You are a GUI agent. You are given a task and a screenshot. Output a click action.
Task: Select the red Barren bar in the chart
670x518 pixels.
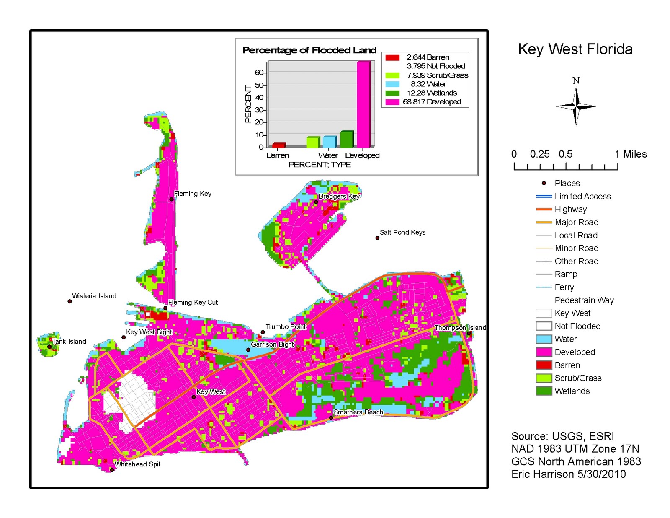pyautogui.click(x=278, y=145)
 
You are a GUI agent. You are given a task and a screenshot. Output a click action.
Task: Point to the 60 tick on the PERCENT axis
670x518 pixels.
pyautogui.click(x=259, y=73)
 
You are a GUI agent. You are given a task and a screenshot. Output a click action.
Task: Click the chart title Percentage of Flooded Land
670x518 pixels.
pyautogui.click(x=309, y=50)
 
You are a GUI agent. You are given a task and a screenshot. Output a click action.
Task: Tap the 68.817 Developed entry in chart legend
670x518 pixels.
pyautogui.click(x=432, y=102)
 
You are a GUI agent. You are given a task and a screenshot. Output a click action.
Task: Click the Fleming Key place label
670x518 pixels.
pyautogui.click(x=193, y=194)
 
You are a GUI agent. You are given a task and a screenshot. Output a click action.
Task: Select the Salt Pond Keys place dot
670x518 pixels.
pyautogui.click(x=377, y=238)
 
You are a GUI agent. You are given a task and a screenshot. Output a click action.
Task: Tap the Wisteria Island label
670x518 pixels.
pyautogui.click(x=94, y=296)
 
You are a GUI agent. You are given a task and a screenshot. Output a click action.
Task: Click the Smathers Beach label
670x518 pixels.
pyautogui.click(x=358, y=412)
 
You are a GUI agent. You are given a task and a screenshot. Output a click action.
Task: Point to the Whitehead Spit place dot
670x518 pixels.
pyautogui.click(x=112, y=470)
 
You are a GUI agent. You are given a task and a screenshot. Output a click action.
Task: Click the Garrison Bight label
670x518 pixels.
pyautogui.click(x=272, y=344)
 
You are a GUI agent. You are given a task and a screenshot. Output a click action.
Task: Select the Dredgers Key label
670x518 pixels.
pyautogui.click(x=339, y=196)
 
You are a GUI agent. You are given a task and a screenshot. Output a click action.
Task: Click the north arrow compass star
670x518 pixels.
pyautogui.click(x=576, y=107)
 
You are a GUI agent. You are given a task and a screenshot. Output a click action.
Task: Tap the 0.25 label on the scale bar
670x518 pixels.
pyautogui.click(x=540, y=154)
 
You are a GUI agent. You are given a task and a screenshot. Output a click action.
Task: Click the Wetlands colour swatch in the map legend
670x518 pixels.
pyautogui.click(x=544, y=391)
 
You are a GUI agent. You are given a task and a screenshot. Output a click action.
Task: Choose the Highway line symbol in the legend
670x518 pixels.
pyautogui.click(x=544, y=209)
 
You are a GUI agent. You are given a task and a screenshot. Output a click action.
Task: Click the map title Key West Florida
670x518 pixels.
pyautogui.click(x=575, y=49)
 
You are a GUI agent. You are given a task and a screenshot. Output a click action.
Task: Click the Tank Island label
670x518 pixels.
pyautogui.click(x=69, y=341)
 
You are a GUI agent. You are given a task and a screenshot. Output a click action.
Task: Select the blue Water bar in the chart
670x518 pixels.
pyautogui.click(x=329, y=142)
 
